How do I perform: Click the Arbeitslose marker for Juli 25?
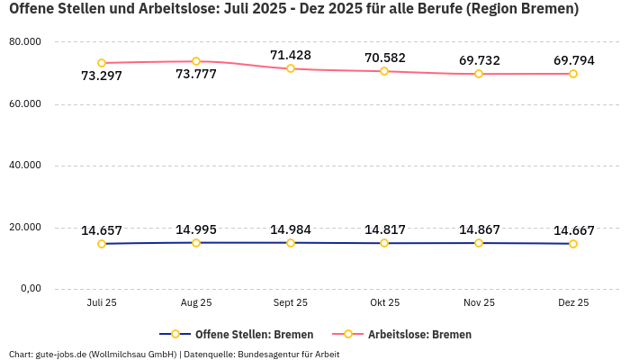pos(102,63)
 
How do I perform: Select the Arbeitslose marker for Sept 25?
pos(291,68)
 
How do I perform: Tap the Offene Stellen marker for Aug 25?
pos(196,243)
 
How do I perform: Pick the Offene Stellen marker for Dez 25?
pos(573,244)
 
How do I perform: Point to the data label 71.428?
pos(291,55)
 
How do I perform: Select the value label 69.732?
pos(479,60)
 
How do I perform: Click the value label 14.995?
pos(196,229)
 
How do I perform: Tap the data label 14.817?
pos(384,229)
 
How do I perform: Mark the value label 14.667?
pos(573,230)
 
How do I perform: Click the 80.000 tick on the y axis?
pos(25,42)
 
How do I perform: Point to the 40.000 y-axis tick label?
pos(25,166)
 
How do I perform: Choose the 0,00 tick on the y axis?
pos(30,288)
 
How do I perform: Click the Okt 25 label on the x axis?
pos(384,303)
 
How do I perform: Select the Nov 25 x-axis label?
pos(479,303)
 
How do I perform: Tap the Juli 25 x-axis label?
pos(102,303)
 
